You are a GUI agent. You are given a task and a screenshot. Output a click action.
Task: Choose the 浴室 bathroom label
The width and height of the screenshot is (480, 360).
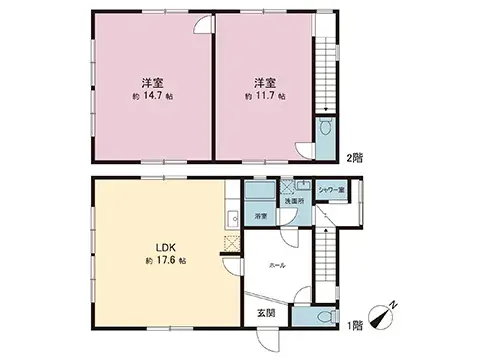(259, 216)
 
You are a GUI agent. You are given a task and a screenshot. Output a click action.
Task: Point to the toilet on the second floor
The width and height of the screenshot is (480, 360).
(325, 129)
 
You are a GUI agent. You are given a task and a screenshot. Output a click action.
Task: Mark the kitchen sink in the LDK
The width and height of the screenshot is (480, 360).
(233, 217)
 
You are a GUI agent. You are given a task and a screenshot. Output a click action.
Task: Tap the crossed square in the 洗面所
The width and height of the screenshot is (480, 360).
(288, 184)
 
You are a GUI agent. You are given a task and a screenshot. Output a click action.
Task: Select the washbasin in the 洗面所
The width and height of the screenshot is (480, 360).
(303, 186)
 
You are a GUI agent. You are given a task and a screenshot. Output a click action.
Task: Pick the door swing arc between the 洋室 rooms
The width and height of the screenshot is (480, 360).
(203, 26)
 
